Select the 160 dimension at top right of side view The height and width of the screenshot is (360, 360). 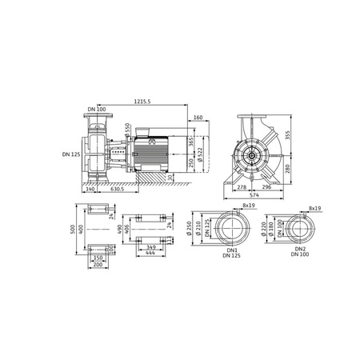point(197,118)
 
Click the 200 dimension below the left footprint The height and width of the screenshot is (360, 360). point(99,265)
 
